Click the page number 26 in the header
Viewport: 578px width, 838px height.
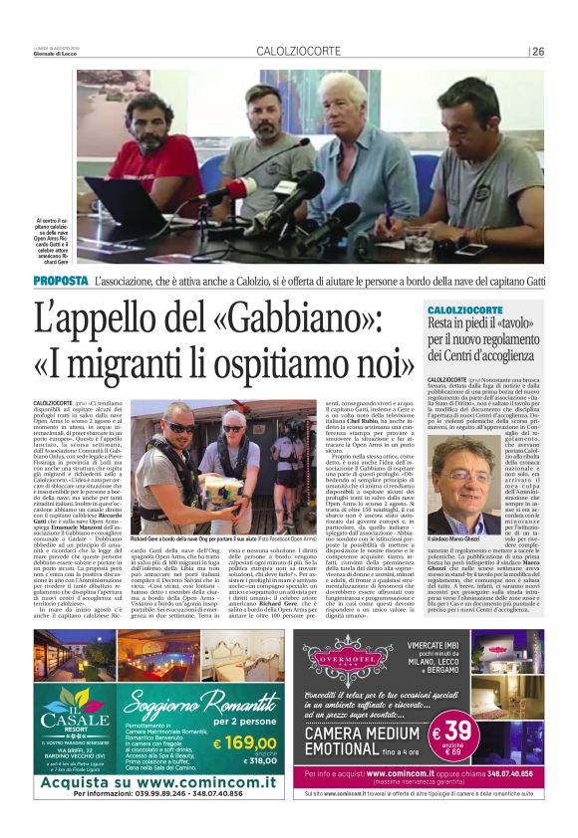click(537, 52)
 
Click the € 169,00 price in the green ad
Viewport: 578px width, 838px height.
click(244, 740)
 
